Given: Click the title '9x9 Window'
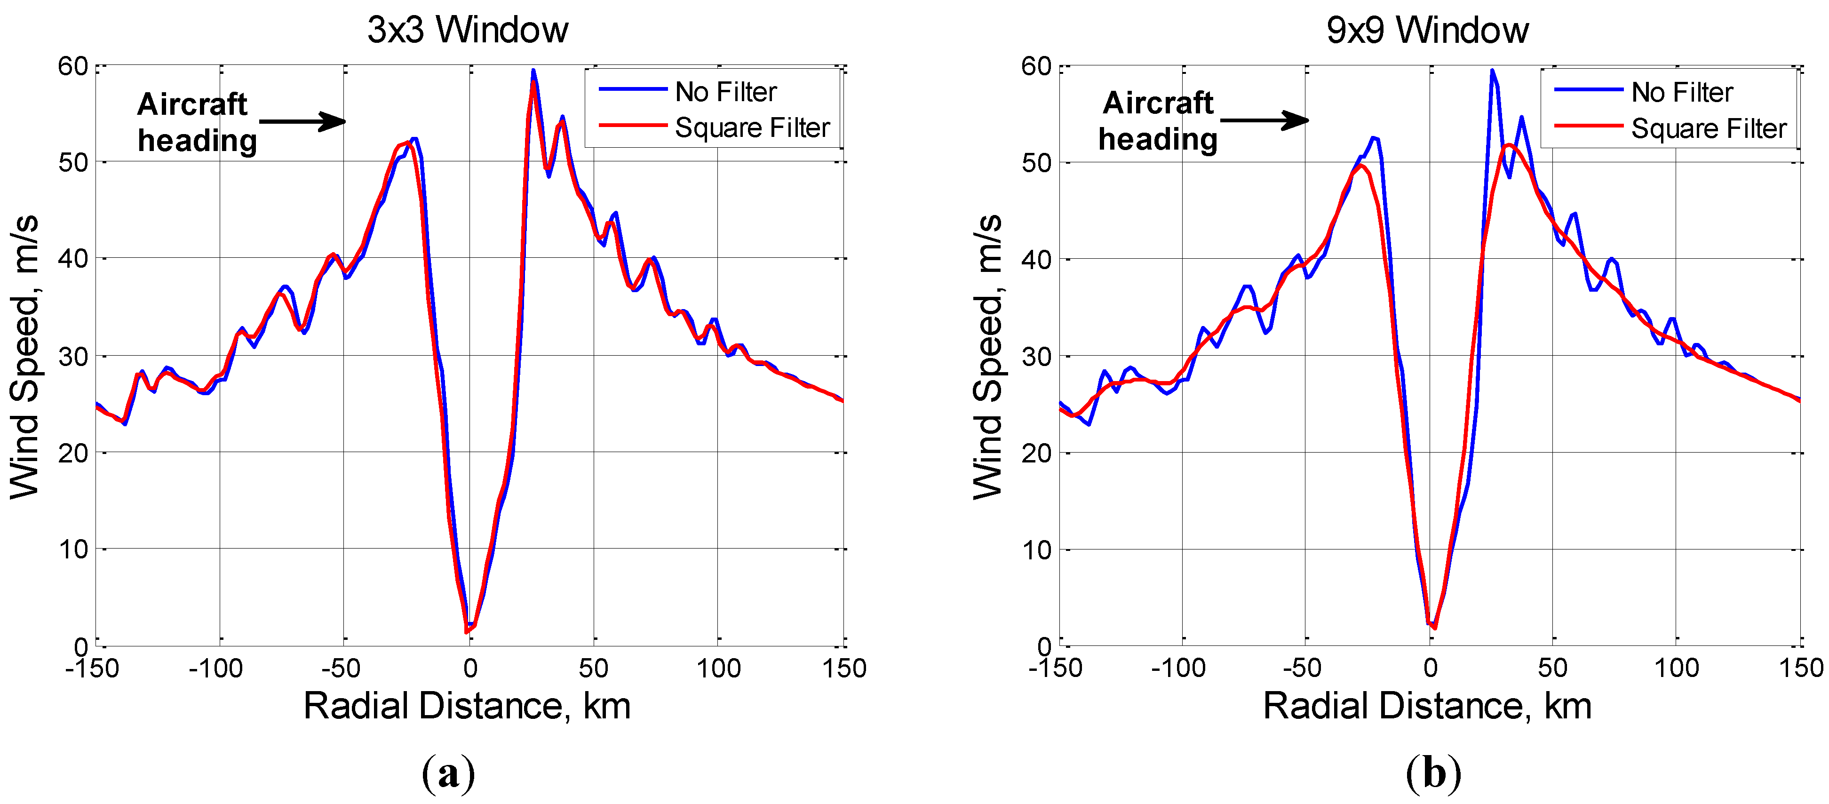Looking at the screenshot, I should pyautogui.click(x=1427, y=30).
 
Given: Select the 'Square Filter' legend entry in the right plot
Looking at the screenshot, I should pyautogui.click(x=1708, y=128).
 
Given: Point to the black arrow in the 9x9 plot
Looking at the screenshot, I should pyautogui.click(x=1264, y=120).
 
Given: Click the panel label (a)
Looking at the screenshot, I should pyautogui.click(x=448, y=773).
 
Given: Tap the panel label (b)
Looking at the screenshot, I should pyautogui.click(x=1433, y=773).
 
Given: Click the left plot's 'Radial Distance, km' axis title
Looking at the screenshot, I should pyautogui.click(x=467, y=706).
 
